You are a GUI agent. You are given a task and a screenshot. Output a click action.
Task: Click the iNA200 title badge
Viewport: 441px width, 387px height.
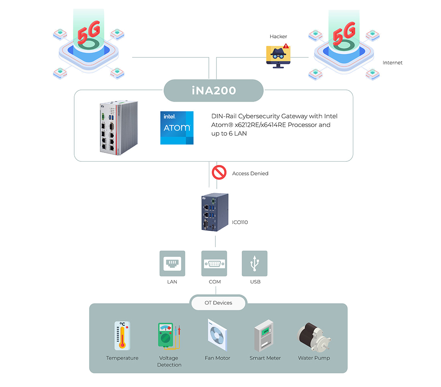click(x=213, y=90)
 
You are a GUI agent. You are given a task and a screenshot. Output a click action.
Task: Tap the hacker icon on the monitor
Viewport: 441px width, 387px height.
click(x=278, y=56)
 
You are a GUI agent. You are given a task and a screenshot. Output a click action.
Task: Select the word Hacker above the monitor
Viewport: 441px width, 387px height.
click(x=278, y=37)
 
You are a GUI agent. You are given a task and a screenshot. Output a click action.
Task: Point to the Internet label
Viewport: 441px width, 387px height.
click(x=392, y=63)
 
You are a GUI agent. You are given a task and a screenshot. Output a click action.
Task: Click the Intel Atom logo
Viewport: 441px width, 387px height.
click(x=177, y=128)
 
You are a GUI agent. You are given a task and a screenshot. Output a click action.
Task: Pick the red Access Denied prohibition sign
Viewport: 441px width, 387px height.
click(x=219, y=172)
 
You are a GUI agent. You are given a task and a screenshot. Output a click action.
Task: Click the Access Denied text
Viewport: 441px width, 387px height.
click(x=250, y=173)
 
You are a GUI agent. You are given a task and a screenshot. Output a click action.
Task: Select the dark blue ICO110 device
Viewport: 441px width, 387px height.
click(x=215, y=212)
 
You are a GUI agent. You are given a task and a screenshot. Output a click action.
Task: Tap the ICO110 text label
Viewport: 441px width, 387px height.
click(x=240, y=222)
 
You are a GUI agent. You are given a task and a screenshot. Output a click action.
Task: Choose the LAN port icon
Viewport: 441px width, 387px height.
click(x=172, y=263)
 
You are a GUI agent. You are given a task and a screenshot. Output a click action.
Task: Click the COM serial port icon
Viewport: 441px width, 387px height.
click(x=214, y=263)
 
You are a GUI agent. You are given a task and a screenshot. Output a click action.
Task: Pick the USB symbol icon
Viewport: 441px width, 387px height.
click(x=255, y=263)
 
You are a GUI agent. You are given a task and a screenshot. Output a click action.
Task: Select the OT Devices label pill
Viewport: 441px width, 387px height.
click(x=218, y=303)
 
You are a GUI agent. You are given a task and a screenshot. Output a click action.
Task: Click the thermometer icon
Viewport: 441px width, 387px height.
click(x=122, y=336)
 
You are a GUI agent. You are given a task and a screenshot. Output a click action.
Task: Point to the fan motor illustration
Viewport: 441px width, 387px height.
click(x=217, y=335)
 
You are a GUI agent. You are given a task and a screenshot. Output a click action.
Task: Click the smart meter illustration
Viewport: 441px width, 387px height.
click(x=264, y=336)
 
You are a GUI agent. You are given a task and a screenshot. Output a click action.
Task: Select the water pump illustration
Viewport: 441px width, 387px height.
click(x=314, y=338)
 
